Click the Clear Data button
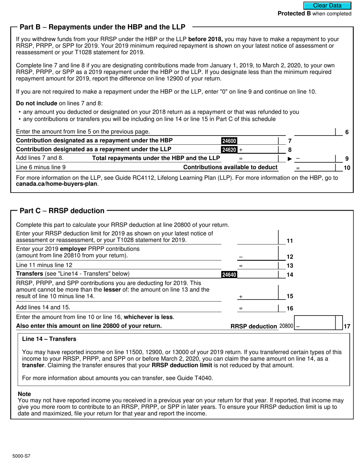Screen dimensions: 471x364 tap(327, 5)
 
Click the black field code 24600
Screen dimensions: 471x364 tap(229, 141)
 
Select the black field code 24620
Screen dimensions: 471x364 tap(229, 150)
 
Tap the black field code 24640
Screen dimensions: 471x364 tap(229, 274)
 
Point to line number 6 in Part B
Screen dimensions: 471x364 tap(347, 132)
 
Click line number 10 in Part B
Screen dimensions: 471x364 tap(347, 167)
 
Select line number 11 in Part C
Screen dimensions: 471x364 tap(290, 241)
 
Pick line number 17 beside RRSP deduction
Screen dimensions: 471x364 tap(347, 326)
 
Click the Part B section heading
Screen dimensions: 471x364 tap(102, 27)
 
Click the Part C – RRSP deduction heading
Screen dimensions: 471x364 tap(62, 211)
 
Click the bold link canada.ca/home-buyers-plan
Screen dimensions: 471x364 tap(57, 184)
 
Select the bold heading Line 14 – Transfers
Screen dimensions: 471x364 tap(49, 339)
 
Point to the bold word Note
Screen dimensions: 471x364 tap(25, 394)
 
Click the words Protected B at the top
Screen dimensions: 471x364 tap(294, 14)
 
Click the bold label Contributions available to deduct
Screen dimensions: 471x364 tap(230, 167)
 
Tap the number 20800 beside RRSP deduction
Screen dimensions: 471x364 tap(286, 326)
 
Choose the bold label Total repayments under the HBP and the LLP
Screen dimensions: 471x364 tap(156, 158)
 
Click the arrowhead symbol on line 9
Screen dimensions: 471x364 tap(290, 159)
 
